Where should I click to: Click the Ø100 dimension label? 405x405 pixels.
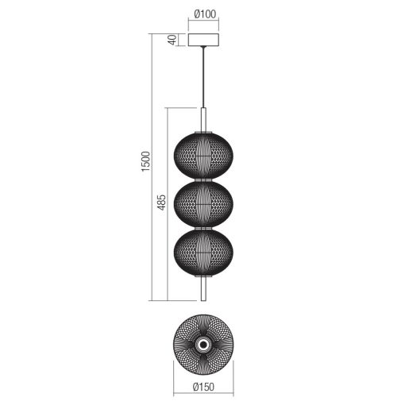pos(205,13)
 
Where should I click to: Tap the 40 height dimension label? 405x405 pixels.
pos(172,40)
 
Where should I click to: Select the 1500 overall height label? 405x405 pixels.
pos(145,161)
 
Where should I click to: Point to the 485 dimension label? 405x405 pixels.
pos(161,202)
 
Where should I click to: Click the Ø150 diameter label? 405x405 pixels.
pos(203,387)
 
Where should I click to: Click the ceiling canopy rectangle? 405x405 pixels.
pos(203,40)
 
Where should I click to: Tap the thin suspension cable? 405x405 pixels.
pos(203,77)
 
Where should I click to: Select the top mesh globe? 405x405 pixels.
pos(203,156)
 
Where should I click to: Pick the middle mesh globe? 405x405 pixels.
pos(203,205)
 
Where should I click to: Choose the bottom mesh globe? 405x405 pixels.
pos(203,253)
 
